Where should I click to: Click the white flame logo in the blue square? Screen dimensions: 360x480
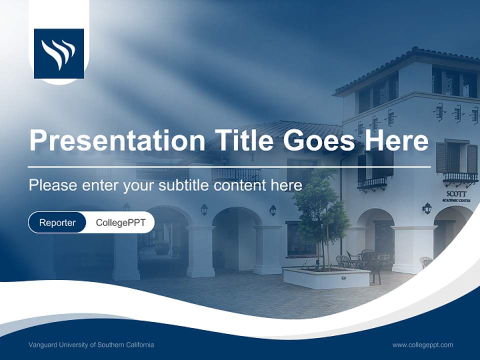tap(58, 53)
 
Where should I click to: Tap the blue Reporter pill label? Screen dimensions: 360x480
tap(57, 222)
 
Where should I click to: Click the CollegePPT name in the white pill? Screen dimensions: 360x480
tap(120, 222)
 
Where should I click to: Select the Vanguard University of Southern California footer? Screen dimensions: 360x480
tap(91, 345)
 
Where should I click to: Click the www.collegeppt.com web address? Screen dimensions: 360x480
tap(422, 345)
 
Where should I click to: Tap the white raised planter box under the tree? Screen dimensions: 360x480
tap(325, 278)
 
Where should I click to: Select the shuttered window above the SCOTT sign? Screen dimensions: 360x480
tap(456, 157)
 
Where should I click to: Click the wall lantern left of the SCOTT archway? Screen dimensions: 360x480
tap(426, 208)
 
